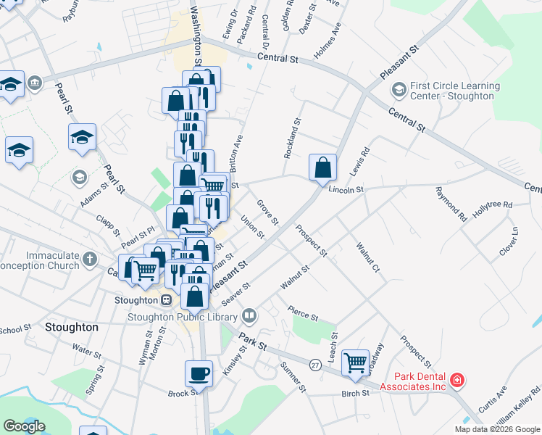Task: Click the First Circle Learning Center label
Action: pos(454,91)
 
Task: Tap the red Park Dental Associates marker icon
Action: pos(456,380)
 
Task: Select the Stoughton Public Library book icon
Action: pos(249,315)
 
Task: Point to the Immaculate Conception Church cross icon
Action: pos(90,259)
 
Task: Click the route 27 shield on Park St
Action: pos(314,363)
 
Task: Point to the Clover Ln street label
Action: pos(514,241)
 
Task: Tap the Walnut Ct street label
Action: pos(367,259)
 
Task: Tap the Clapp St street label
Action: pos(109,225)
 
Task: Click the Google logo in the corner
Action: pos(24,426)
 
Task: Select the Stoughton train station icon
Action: pos(166,300)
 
